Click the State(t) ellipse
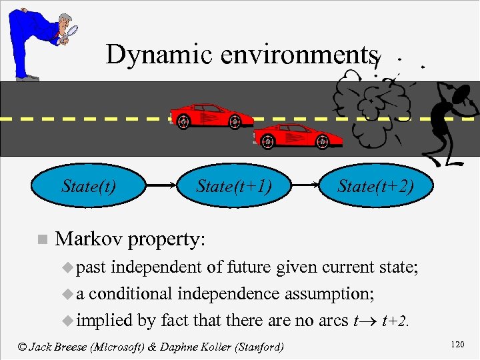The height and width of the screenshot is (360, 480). coord(88,185)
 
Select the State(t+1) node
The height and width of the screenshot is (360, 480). coord(233,185)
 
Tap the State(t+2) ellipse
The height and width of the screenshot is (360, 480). coord(375,185)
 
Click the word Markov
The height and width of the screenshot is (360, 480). coord(89,239)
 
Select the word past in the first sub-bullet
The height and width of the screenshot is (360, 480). coord(93,268)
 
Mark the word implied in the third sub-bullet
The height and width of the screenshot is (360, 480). coord(105,321)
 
